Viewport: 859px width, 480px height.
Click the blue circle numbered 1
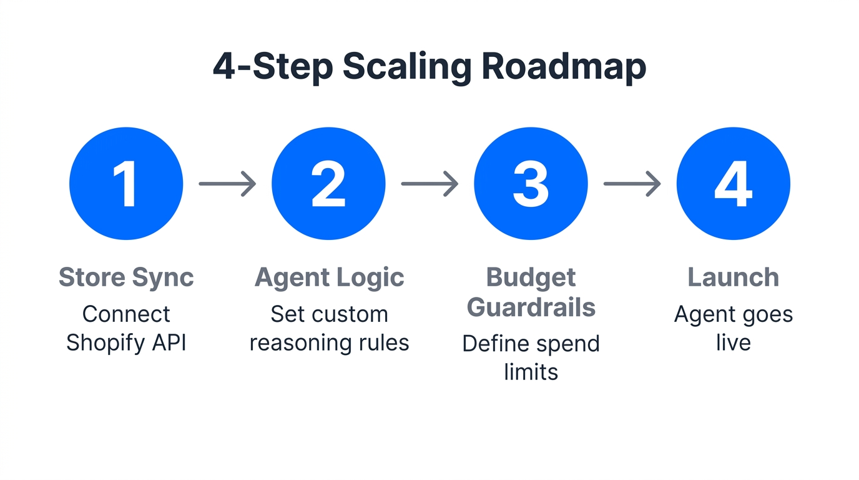(126, 184)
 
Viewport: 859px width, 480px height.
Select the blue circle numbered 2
(328, 184)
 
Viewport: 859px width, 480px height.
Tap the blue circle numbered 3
(531, 184)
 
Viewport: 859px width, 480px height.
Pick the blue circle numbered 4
(733, 184)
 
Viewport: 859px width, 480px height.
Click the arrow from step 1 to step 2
(227, 184)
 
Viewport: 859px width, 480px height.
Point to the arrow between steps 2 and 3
(430, 184)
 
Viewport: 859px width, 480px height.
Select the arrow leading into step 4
(632, 184)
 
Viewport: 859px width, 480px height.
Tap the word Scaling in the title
(406, 67)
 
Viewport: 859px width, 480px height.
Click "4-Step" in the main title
(272, 67)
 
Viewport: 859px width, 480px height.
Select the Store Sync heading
(126, 277)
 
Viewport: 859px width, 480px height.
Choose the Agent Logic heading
(329, 277)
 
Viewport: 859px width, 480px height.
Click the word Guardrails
(531, 307)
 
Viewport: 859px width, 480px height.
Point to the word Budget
(531, 277)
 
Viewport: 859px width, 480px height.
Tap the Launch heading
(733, 277)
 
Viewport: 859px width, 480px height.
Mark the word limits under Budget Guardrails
(531, 372)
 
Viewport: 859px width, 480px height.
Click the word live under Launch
(733, 343)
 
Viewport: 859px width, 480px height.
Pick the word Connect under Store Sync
(126, 314)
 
